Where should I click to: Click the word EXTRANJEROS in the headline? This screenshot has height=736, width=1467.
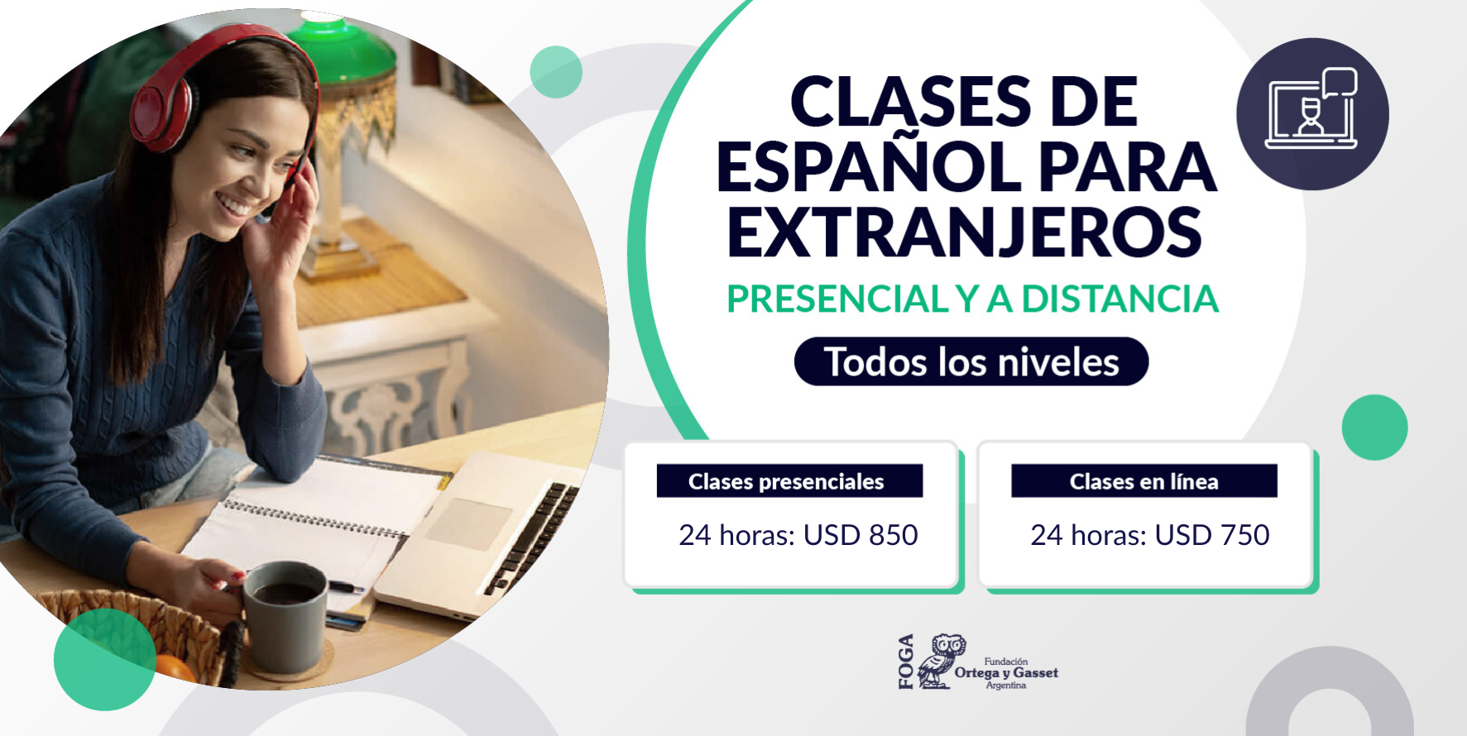click(x=964, y=232)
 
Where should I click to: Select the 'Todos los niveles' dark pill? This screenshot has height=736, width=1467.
click(x=971, y=361)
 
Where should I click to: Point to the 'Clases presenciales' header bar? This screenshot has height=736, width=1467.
click(x=789, y=480)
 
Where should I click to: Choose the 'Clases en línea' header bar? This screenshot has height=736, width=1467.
click(x=1144, y=480)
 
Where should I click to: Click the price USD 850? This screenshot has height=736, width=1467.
click(x=861, y=535)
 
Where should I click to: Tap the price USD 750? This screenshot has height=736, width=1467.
click(x=1212, y=535)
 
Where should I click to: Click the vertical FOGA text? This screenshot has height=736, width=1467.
click(x=906, y=662)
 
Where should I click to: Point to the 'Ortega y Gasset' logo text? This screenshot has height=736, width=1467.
click(x=1006, y=673)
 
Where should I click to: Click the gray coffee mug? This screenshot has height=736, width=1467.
click(x=285, y=617)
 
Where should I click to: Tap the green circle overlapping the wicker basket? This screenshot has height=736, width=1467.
click(x=104, y=659)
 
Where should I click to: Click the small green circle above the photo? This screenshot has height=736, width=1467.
click(x=556, y=72)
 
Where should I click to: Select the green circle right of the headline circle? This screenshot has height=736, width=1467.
click(x=1374, y=428)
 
